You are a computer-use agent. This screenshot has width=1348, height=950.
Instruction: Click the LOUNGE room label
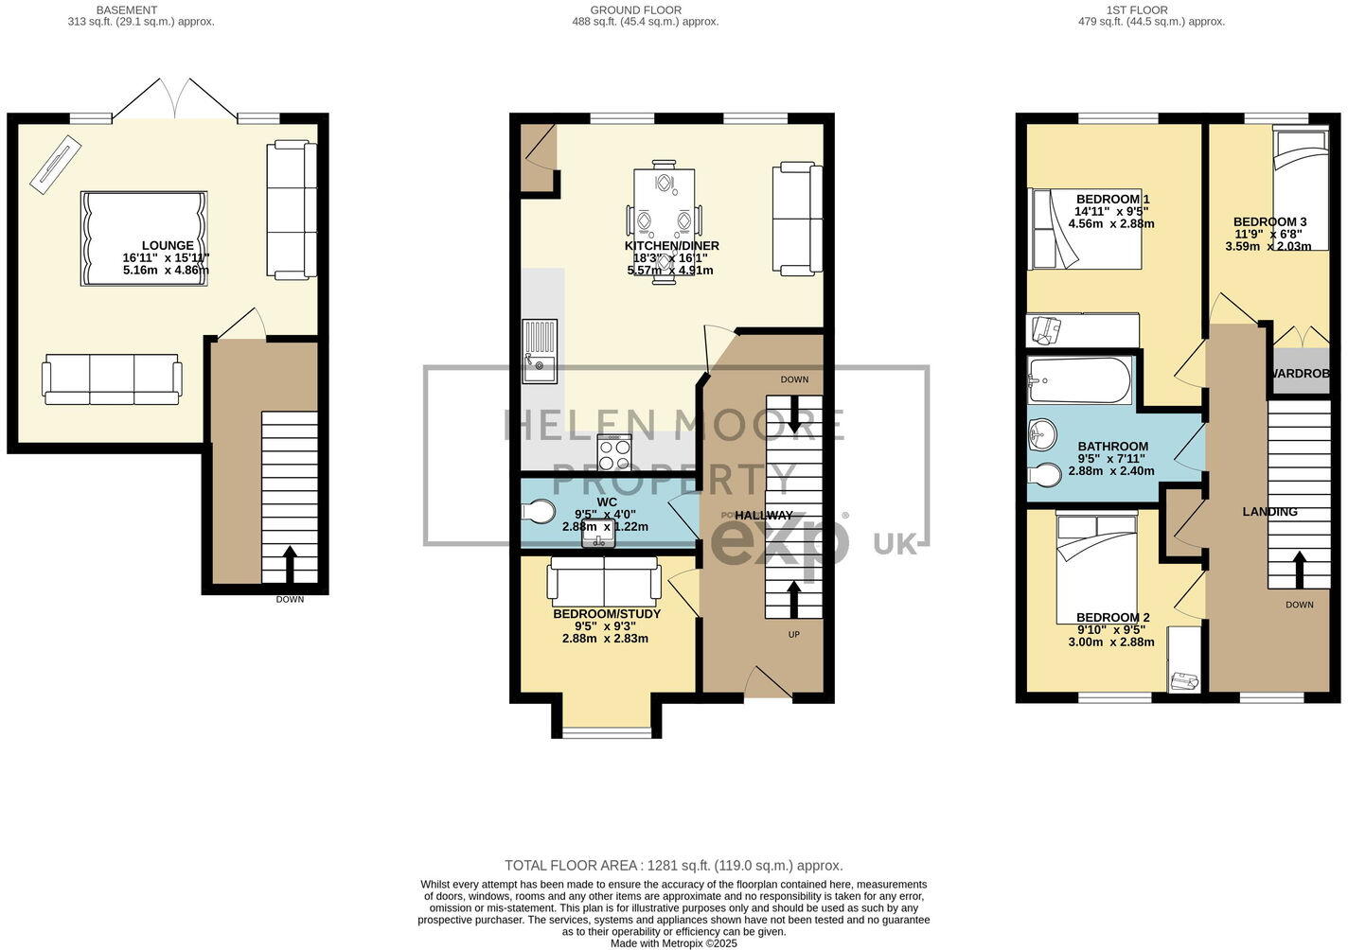click(x=168, y=245)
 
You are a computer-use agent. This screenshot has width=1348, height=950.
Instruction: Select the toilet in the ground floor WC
click(x=538, y=512)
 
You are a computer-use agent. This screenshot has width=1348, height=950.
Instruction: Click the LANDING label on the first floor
click(x=1269, y=512)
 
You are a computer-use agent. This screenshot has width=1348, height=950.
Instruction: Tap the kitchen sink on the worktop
click(x=540, y=351)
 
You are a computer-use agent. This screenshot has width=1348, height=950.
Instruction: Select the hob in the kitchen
click(x=613, y=452)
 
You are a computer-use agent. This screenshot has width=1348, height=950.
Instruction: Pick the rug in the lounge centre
click(x=144, y=238)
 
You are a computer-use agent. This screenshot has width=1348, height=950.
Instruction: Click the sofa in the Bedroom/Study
click(x=604, y=581)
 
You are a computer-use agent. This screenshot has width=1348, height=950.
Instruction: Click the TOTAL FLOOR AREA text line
click(x=673, y=865)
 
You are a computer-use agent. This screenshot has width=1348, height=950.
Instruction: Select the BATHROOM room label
click(x=1112, y=447)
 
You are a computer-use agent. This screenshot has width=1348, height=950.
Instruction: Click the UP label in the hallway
click(x=793, y=634)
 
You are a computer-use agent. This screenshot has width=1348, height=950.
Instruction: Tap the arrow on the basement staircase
click(x=290, y=563)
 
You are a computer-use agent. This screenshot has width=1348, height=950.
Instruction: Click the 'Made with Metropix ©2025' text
click(x=673, y=943)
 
